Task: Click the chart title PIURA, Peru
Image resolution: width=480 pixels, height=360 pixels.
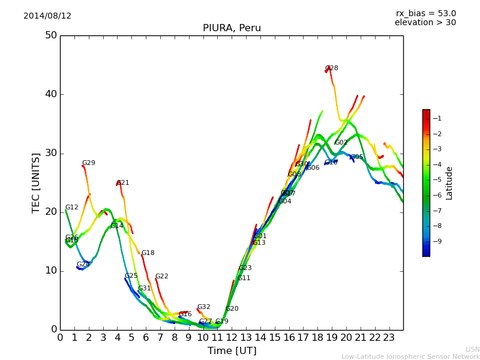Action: [x=232, y=28]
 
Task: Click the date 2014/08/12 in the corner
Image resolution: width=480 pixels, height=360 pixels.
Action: [x=47, y=16]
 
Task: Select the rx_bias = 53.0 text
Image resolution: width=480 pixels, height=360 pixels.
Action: [x=425, y=13]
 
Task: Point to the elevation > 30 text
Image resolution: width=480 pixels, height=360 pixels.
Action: [x=425, y=23]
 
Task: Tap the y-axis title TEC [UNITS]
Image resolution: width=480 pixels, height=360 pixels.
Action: [x=37, y=182]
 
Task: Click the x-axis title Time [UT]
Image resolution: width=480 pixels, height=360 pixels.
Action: [x=232, y=351]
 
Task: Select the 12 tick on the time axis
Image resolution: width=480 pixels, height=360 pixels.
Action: [x=232, y=337]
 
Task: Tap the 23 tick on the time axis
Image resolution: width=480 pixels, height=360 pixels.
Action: [x=389, y=337]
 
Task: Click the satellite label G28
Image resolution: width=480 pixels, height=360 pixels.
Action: [x=332, y=68]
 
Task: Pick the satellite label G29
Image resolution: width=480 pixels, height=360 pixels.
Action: [x=89, y=163]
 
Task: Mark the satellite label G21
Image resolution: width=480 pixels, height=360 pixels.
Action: [x=123, y=183]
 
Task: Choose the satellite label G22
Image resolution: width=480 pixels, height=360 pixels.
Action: [x=162, y=277]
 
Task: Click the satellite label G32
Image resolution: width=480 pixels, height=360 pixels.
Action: [x=204, y=307]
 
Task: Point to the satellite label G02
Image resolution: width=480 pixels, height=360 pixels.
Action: [x=341, y=143]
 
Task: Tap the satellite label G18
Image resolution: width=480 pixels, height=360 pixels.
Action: [x=148, y=253]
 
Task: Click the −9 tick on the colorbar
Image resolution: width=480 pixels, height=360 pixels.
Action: [x=438, y=241]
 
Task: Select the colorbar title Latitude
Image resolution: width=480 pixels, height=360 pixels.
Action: [x=449, y=183]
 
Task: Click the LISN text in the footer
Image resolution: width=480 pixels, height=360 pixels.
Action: [x=472, y=349]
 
